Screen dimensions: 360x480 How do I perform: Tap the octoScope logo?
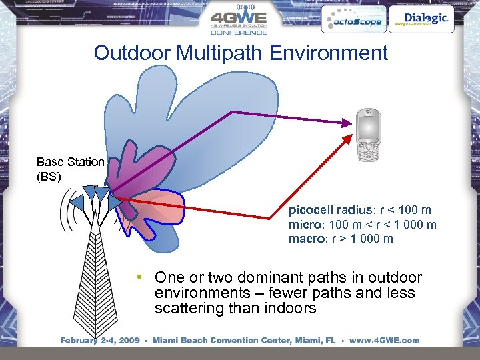(352, 20)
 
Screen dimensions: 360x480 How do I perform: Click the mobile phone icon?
(371, 135)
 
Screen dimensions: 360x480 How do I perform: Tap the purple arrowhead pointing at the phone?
(347, 122)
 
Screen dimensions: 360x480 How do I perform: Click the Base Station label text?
(70, 162)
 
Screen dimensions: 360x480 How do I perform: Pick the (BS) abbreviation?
(49, 177)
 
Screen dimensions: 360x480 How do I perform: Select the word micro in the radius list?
(303, 225)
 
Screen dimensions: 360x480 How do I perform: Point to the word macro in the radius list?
(305, 239)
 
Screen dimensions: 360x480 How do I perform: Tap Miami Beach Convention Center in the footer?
(229, 341)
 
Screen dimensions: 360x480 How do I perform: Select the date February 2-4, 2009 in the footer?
(99, 341)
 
